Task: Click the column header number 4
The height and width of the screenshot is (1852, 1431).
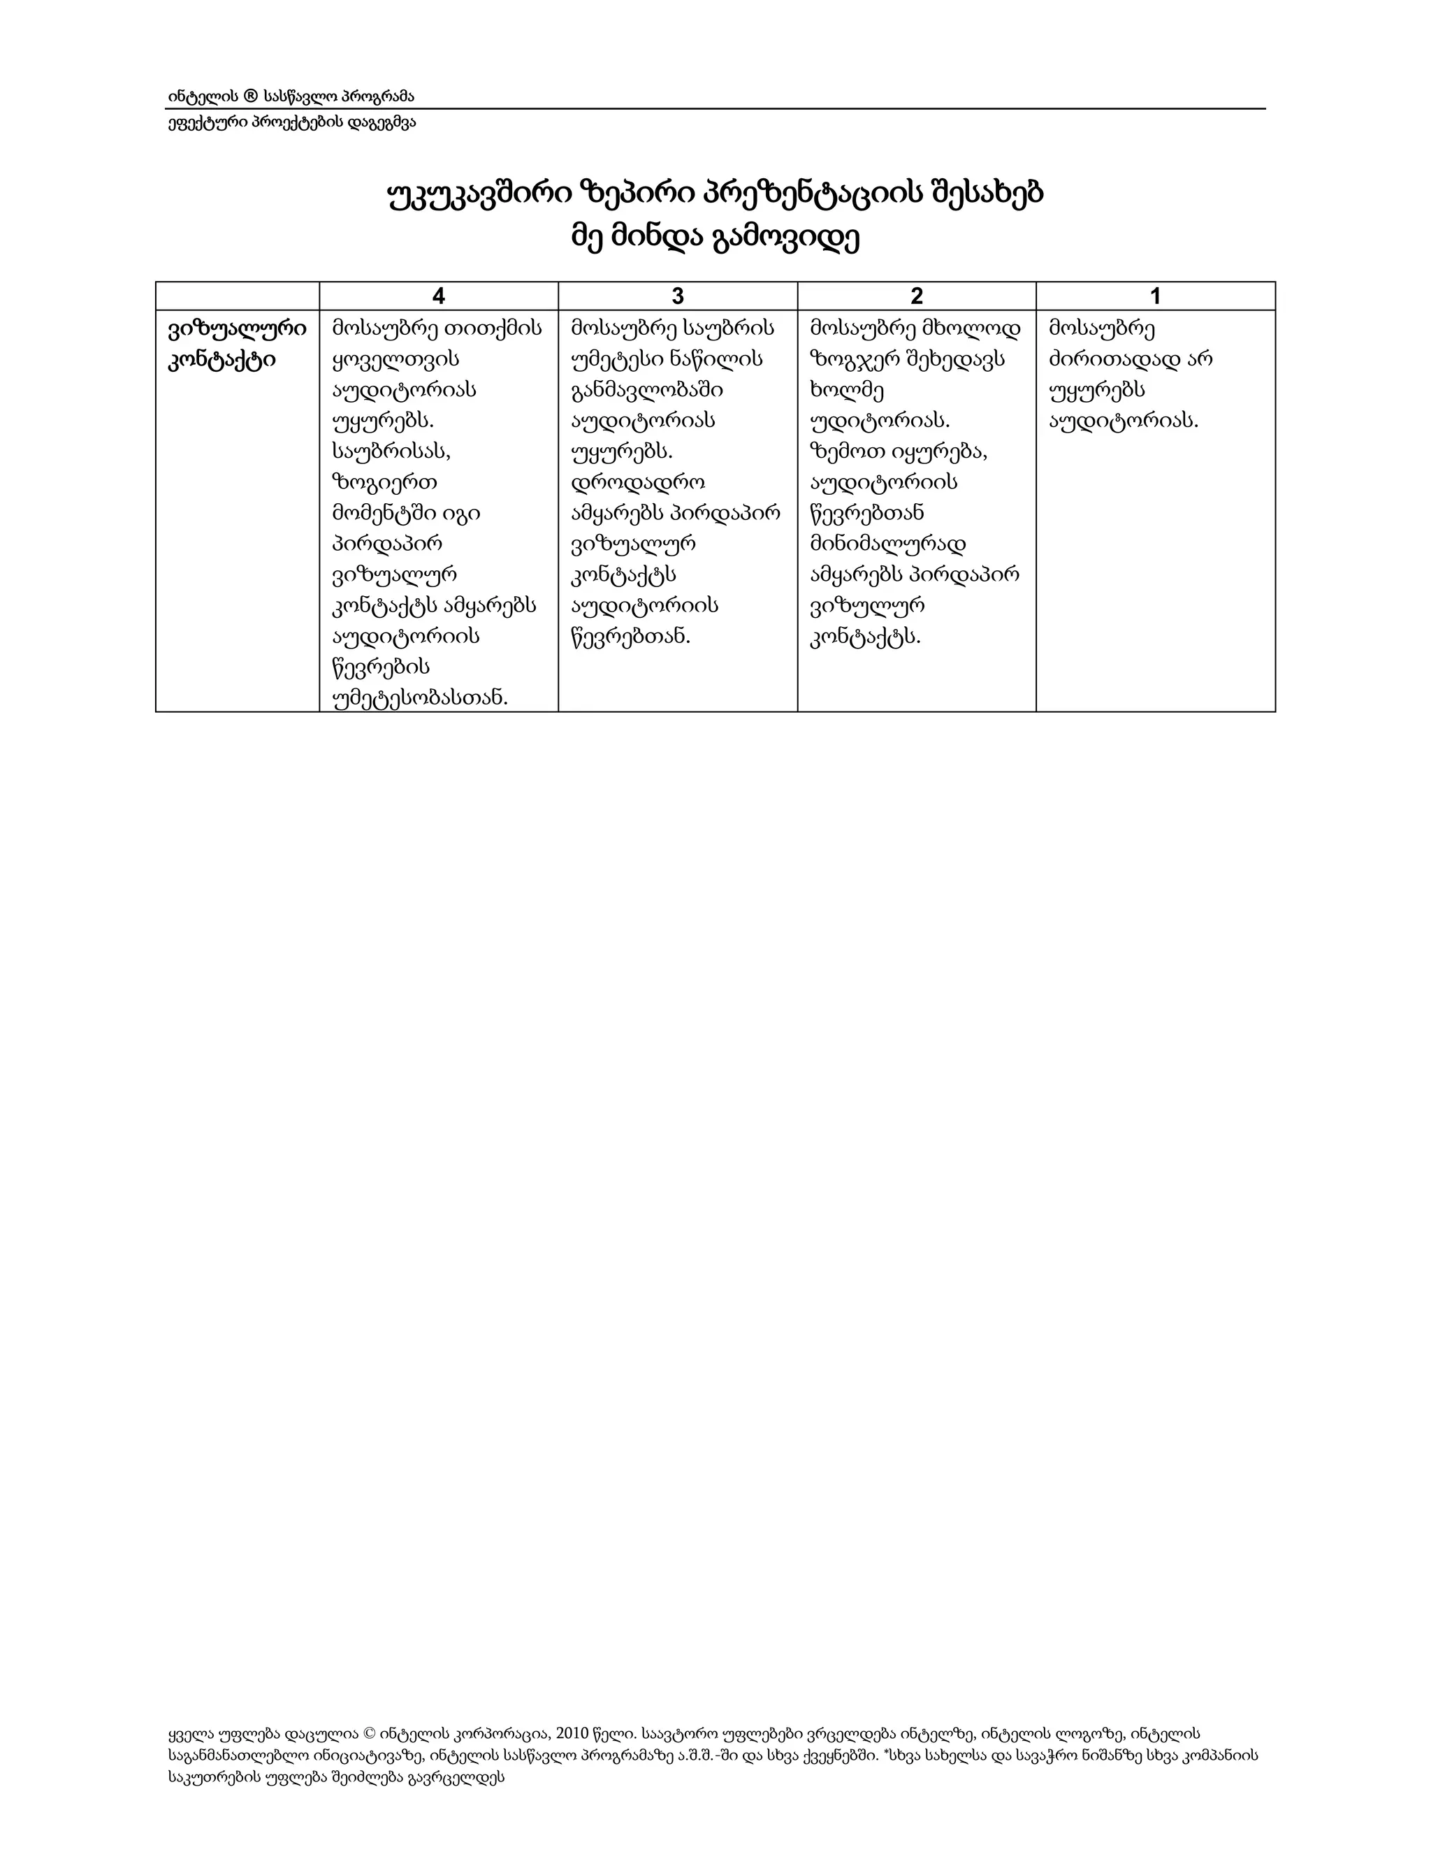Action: pyautogui.click(x=438, y=296)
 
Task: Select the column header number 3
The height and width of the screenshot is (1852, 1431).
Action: pyautogui.click(x=677, y=296)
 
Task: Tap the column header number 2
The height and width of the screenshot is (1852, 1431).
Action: pyautogui.click(x=917, y=296)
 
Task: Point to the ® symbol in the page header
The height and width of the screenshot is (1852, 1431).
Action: pyautogui.click(x=250, y=96)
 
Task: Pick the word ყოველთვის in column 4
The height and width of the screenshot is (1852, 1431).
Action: pyautogui.click(x=394, y=359)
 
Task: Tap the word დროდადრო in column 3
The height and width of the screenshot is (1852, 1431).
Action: pyautogui.click(x=639, y=482)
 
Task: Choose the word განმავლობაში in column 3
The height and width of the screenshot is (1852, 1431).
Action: pyautogui.click(x=647, y=390)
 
